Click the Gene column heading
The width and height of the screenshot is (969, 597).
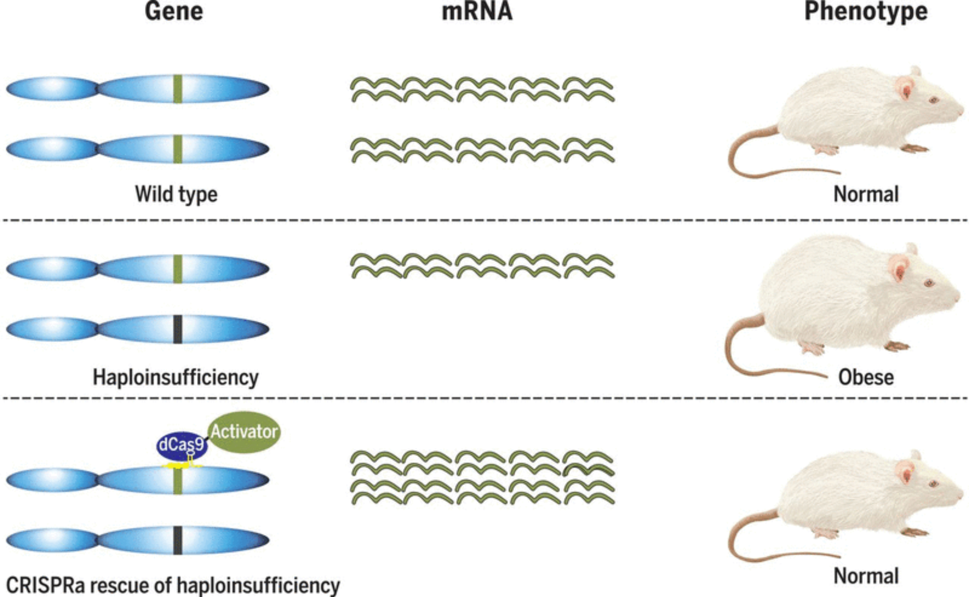(174, 12)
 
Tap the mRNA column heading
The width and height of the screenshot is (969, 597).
(477, 12)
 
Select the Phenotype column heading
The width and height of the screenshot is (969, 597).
(866, 12)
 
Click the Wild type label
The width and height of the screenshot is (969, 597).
(176, 194)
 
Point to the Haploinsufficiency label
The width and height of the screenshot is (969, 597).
(175, 377)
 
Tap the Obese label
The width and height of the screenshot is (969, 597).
(866, 377)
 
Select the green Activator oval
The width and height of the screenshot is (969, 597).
(244, 432)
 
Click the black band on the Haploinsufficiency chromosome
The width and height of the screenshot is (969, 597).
(178, 330)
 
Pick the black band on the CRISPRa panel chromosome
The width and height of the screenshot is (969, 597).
(178, 540)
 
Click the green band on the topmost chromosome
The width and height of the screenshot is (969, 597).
(178, 89)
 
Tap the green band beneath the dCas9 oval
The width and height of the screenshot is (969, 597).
(178, 481)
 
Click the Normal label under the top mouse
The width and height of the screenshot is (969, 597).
(866, 194)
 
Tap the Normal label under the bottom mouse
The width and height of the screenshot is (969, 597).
(866, 576)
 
